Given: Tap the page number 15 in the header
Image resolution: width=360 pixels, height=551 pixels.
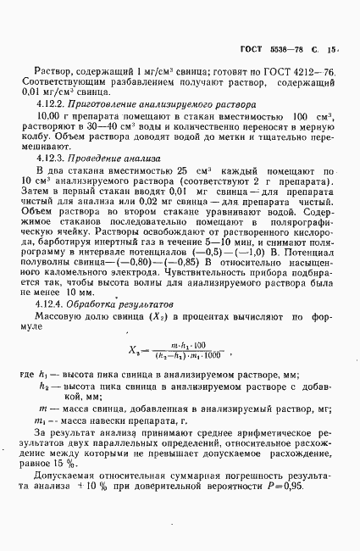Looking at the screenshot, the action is click(331, 50).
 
